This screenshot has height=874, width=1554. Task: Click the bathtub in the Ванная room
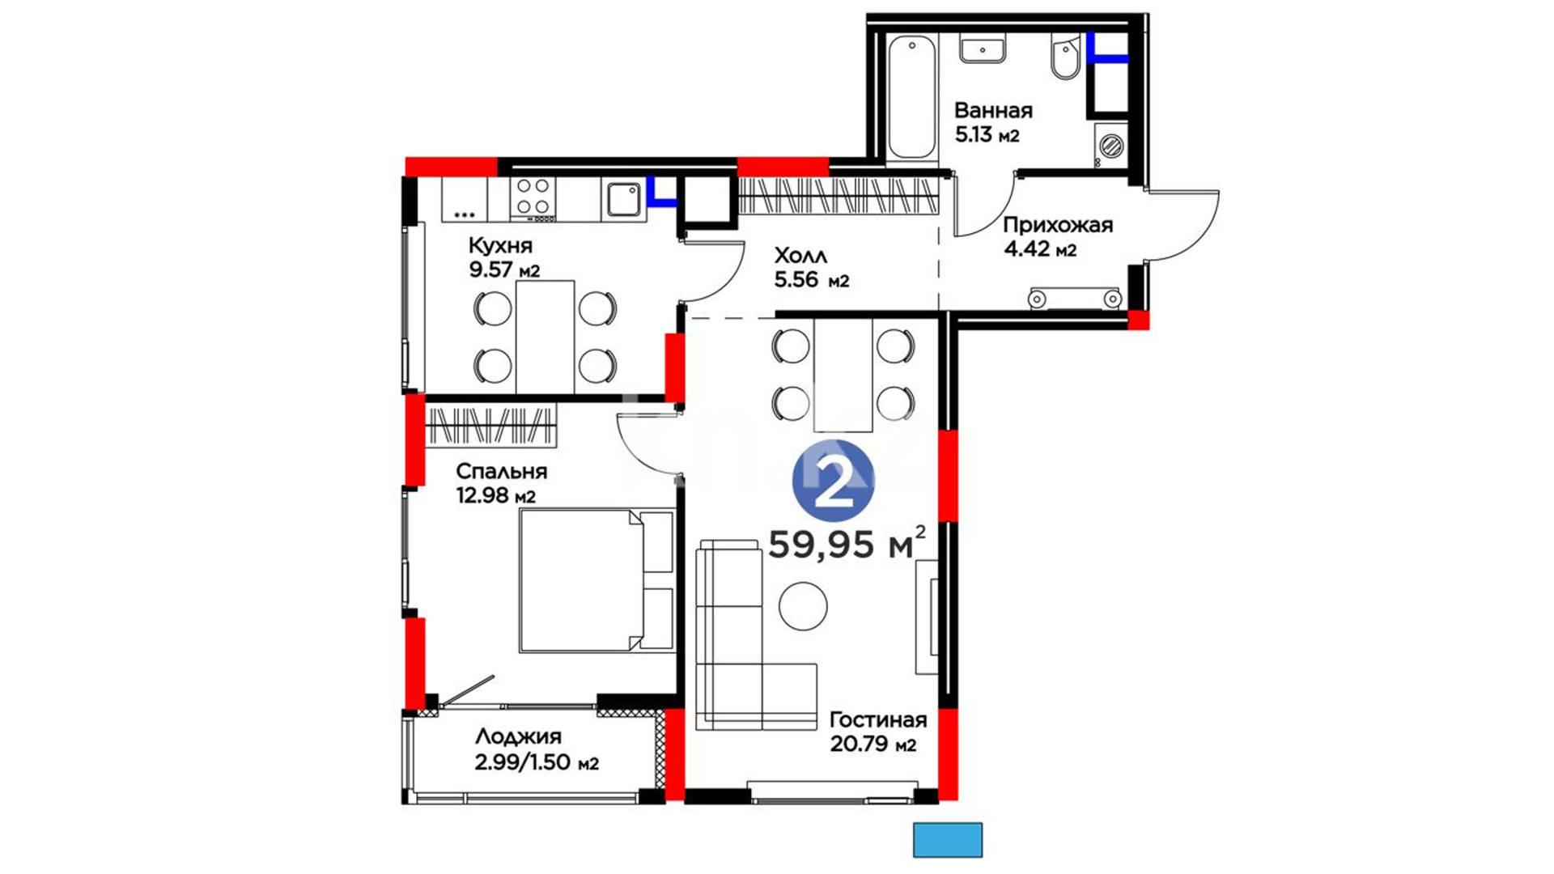point(912,97)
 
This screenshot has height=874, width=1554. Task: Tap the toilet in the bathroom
point(1065,57)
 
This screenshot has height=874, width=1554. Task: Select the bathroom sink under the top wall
point(983,48)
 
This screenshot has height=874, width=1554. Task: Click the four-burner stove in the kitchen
point(533,198)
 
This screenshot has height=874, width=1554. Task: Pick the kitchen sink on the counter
point(623,199)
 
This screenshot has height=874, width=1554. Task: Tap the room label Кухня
point(500,245)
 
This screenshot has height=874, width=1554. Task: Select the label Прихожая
point(1058,225)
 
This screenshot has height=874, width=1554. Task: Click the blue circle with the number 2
point(834,481)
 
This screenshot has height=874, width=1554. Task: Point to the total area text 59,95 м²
point(847,543)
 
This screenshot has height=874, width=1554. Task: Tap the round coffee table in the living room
point(804,606)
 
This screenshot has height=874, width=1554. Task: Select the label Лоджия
point(518,736)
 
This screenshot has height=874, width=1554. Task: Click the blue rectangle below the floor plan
point(948,840)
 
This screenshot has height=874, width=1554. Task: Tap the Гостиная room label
point(878,719)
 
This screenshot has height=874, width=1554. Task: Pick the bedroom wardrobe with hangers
point(491,425)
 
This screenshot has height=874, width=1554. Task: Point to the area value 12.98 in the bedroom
point(484,494)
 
